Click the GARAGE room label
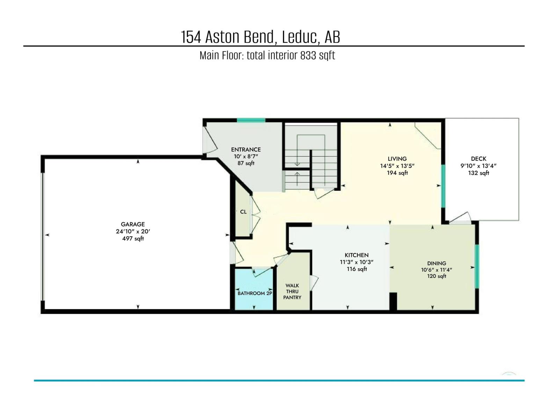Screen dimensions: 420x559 click(x=133, y=224)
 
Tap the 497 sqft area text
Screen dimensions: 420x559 click(x=133, y=239)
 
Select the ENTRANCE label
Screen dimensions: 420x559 click(x=246, y=149)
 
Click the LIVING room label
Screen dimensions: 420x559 click(x=397, y=159)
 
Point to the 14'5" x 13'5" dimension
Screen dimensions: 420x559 click(x=397, y=166)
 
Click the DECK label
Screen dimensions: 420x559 click(x=479, y=159)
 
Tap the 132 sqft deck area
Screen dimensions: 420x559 click(x=479, y=173)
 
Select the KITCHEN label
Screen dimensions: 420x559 click(x=357, y=255)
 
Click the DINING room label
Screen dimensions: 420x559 click(x=437, y=263)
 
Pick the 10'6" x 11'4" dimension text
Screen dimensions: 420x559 click(x=437, y=270)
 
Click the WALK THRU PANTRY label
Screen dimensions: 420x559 click(x=292, y=291)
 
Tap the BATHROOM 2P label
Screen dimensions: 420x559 click(x=255, y=293)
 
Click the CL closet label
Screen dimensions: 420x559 click(x=244, y=212)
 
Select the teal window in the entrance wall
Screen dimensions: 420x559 click(x=251, y=120)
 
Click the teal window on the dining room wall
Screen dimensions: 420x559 click(x=477, y=266)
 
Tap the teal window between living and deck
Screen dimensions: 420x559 click(x=443, y=186)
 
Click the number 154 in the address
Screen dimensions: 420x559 click(x=191, y=37)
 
